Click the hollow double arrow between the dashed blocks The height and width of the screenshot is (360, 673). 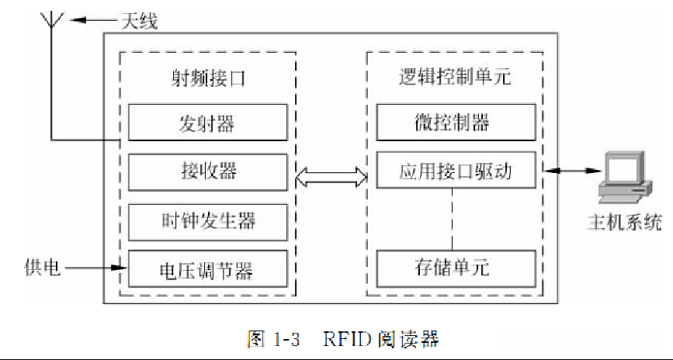(331, 178)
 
